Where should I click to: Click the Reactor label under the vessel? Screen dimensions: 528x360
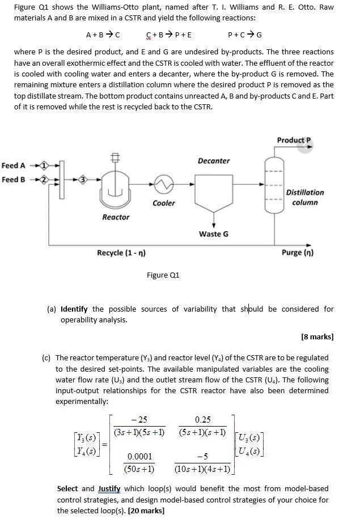pos(116,217)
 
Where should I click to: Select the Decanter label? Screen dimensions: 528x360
pos(214,161)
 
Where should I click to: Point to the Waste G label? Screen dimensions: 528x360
pos(214,233)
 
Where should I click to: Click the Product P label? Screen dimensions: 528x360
pos(294,140)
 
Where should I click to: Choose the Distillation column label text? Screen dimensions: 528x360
pos(305,197)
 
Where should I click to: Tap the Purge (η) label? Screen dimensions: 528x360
pos(298,253)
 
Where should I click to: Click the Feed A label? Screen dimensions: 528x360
pos(14,165)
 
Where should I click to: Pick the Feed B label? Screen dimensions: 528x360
pos(14,180)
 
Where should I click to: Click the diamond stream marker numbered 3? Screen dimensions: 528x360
pos(82,180)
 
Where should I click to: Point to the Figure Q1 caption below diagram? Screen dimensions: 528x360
pos(163,275)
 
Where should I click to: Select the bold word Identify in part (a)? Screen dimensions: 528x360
pos(74,309)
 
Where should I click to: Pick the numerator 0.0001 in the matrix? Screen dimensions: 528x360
pos(139,457)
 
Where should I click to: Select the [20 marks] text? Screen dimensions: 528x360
pos(147,510)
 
